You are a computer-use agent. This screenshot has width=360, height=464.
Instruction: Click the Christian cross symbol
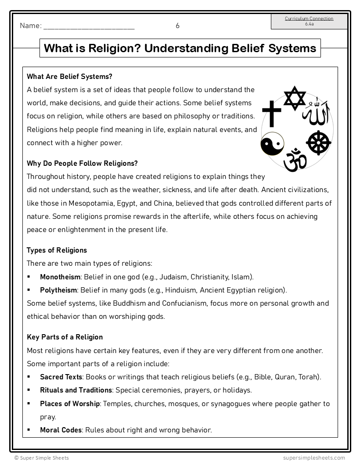[271, 113]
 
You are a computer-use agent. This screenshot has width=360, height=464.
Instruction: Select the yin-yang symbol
[272, 144]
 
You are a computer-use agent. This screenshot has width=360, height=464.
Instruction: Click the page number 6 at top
[177, 26]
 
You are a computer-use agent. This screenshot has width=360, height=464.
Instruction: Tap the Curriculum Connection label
[309, 18]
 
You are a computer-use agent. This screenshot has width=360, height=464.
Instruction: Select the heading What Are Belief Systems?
[69, 76]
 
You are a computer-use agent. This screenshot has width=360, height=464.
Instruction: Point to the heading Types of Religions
[57, 250]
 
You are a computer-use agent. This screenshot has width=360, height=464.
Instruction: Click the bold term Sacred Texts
[61, 377]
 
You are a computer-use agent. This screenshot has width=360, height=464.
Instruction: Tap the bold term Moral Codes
[61, 430]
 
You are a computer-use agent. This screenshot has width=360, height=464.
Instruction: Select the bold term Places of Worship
[70, 403]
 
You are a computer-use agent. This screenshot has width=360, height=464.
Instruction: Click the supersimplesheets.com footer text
[314, 457]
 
